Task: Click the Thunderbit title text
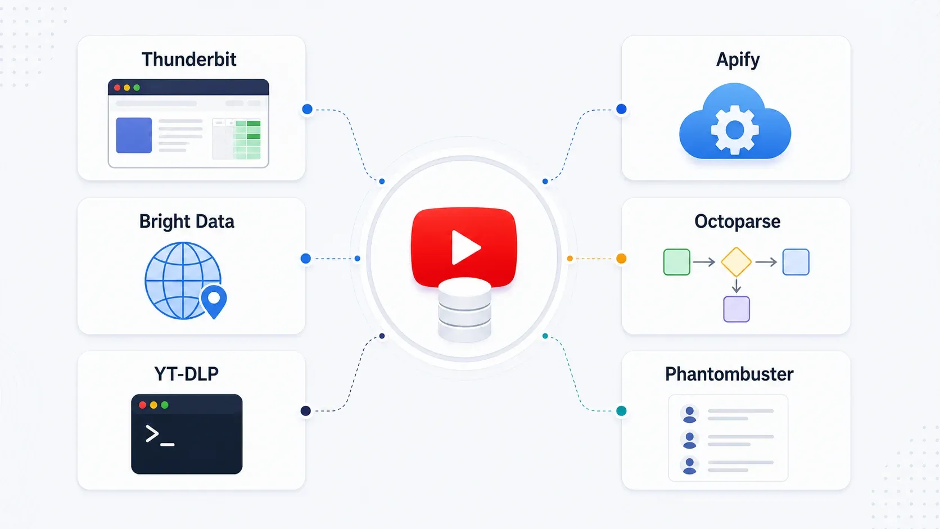point(189,59)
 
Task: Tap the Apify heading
point(738,60)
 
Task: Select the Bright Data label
point(187,221)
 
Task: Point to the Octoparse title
point(737,222)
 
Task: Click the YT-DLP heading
point(186,374)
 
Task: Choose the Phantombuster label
point(729,374)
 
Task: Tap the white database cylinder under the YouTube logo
point(464,309)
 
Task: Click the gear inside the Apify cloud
point(735,130)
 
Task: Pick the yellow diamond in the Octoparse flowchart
point(736,262)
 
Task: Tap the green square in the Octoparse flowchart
point(676,262)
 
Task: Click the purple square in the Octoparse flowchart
point(736,309)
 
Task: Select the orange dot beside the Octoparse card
point(621,259)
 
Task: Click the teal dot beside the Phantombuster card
point(621,411)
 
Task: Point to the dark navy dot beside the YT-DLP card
point(306,411)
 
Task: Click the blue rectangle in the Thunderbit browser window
point(134,135)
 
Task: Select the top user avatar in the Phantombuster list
point(689,414)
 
